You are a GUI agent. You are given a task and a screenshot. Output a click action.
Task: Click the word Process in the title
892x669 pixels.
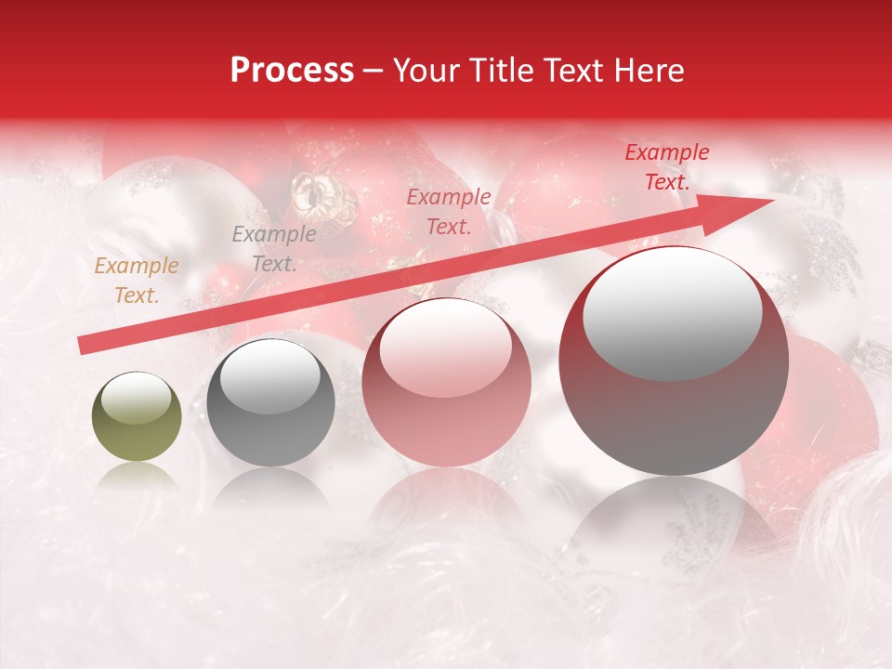(x=292, y=71)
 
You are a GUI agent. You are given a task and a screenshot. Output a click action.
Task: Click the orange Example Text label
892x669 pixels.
(x=137, y=281)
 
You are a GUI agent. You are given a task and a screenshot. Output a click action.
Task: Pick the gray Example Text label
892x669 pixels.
(x=274, y=248)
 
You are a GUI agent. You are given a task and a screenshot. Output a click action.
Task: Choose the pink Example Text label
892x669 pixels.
(x=449, y=211)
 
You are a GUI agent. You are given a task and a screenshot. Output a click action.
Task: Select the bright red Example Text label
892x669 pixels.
(x=667, y=167)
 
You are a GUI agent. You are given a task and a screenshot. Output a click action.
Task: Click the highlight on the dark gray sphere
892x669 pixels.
(x=269, y=376)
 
